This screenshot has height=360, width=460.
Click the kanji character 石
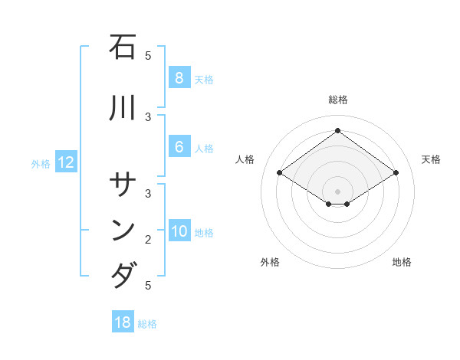[x=123, y=48]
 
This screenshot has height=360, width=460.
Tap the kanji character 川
[x=123, y=108]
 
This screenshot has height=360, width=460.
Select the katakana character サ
[x=123, y=185]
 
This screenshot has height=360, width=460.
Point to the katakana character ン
[x=123, y=230]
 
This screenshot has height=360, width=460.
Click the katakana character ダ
[x=123, y=274]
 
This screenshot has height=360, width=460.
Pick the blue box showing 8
[x=179, y=78]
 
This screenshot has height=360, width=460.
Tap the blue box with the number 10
[x=179, y=232]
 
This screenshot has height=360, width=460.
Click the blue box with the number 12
[x=65, y=162]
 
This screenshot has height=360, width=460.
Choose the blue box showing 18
[x=123, y=322]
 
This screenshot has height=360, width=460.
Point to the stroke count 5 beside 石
[x=148, y=55]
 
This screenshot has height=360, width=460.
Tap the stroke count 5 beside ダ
[x=148, y=286]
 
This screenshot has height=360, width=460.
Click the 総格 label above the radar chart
[x=337, y=100]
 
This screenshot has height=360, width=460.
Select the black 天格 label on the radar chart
[x=432, y=159]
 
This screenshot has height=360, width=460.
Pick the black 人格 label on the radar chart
[x=245, y=159]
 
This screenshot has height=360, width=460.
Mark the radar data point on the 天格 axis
[x=396, y=173]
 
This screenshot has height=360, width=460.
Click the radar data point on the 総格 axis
[x=337, y=131]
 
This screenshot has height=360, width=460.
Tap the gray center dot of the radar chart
[x=337, y=191]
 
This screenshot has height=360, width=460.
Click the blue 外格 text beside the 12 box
[x=41, y=163]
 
